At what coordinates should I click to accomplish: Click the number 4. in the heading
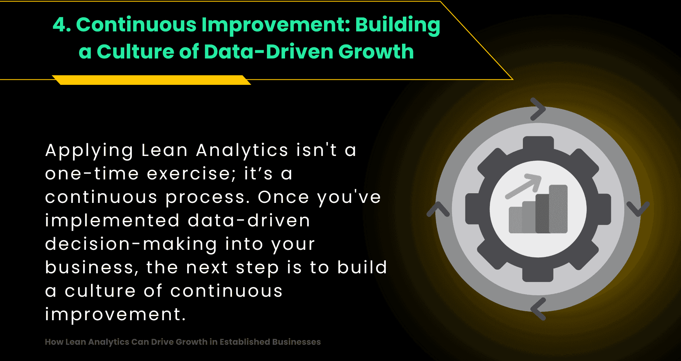62,25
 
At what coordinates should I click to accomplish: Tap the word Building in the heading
397,25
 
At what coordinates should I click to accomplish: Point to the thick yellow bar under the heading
152,80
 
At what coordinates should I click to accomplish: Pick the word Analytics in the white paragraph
242,151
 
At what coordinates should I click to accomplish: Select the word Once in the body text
283,197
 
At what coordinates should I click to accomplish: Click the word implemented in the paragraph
112,221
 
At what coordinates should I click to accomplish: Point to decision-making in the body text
131,244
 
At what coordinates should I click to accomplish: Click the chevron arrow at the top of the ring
538,109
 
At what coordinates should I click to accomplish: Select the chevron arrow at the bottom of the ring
538,309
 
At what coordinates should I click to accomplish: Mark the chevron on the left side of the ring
438,209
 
